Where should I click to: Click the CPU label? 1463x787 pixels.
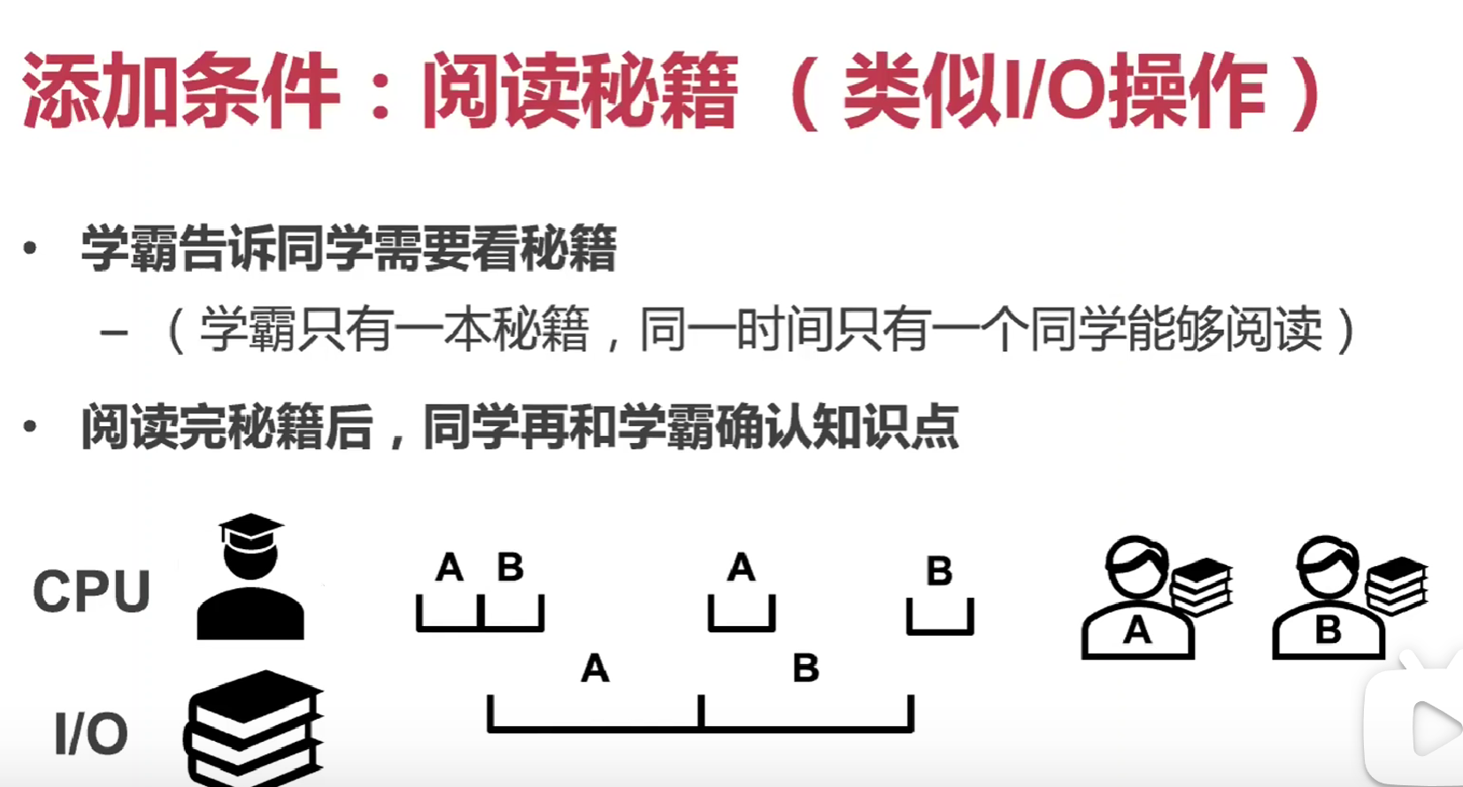tap(91, 591)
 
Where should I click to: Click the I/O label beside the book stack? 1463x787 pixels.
tap(90, 733)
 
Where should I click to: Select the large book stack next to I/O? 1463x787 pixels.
tap(254, 728)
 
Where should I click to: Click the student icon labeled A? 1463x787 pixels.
tap(1136, 600)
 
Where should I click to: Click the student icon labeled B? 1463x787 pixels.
tap(1328, 600)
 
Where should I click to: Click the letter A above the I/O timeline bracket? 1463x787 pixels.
tap(595, 669)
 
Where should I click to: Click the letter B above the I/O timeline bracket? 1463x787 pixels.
tap(805, 669)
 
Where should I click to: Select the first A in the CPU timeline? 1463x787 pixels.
tap(450, 567)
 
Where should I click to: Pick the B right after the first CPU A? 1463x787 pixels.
tap(510, 567)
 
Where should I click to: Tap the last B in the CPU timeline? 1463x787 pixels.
tap(939, 571)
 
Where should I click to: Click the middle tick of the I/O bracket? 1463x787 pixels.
tap(701, 711)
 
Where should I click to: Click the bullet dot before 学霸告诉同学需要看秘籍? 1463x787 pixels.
tap(30, 248)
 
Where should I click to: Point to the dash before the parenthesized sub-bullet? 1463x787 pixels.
tap(114, 333)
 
